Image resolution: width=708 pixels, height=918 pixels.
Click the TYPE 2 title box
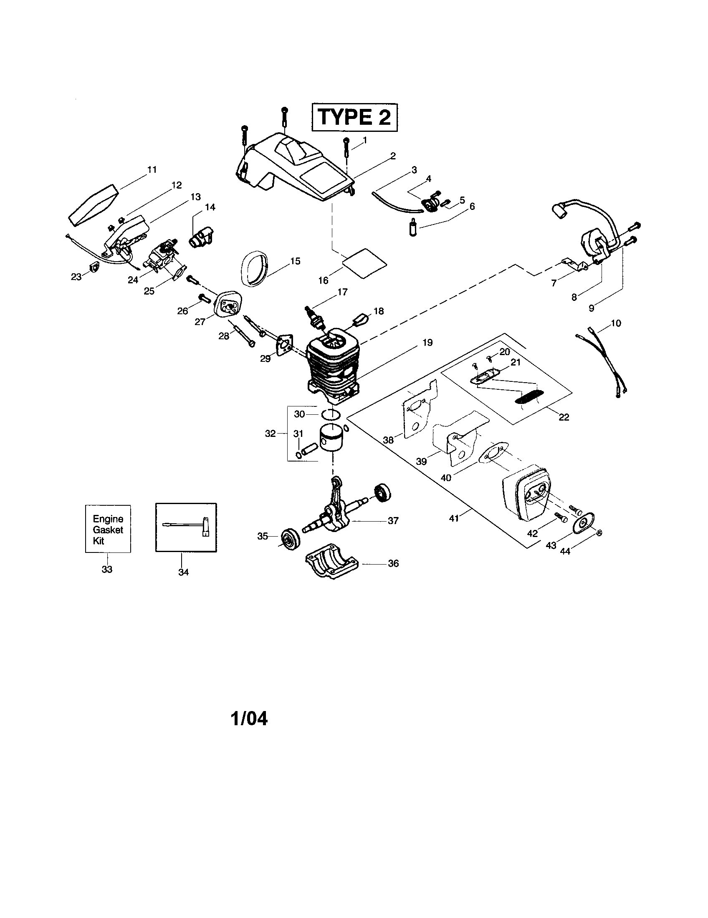354,117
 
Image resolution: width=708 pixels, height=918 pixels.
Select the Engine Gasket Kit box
108,529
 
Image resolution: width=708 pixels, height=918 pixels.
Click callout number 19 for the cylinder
427,343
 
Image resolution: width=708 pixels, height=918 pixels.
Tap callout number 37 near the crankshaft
393,521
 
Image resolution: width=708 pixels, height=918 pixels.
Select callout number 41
454,518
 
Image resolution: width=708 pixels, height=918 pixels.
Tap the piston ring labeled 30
330,414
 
